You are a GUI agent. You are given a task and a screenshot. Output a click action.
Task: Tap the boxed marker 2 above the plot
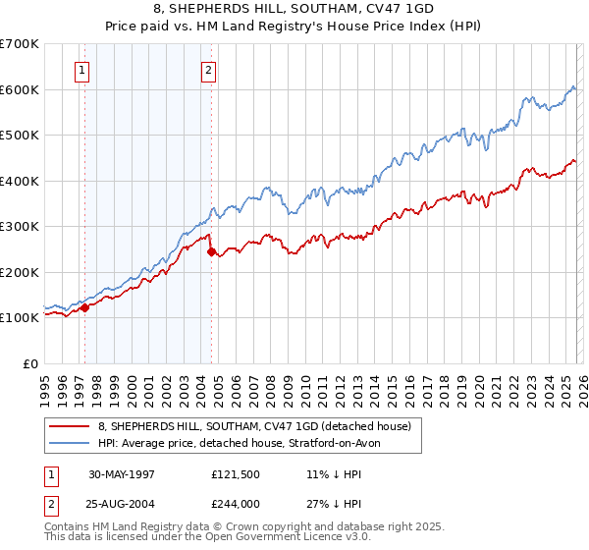click(x=210, y=70)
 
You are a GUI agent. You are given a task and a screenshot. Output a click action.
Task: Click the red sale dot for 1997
click(x=84, y=307)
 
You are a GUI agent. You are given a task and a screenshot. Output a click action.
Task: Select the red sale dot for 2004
click(x=212, y=251)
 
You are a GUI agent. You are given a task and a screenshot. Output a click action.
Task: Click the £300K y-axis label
click(x=20, y=226)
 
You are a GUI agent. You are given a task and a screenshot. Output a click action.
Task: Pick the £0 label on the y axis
click(x=29, y=363)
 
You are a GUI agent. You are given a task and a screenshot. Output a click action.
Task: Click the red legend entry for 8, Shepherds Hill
click(x=245, y=425)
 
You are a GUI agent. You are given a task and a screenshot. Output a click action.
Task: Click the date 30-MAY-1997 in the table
click(x=122, y=474)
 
